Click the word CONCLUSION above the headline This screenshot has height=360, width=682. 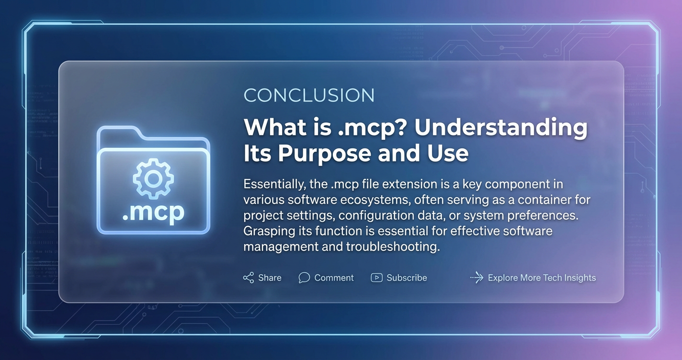(x=309, y=95)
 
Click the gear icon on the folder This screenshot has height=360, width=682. (x=153, y=179)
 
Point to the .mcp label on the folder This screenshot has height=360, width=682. (x=153, y=212)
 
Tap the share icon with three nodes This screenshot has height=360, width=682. (x=249, y=278)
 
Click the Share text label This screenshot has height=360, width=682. (x=270, y=278)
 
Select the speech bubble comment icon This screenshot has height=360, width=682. (x=304, y=278)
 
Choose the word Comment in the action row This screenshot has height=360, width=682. (x=334, y=278)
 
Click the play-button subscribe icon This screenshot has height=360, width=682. (x=376, y=278)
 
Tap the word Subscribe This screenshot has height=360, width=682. (x=407, y=278)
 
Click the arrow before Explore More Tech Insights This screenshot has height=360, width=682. (x=477, y=278)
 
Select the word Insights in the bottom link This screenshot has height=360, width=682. (x=580, y=278)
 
